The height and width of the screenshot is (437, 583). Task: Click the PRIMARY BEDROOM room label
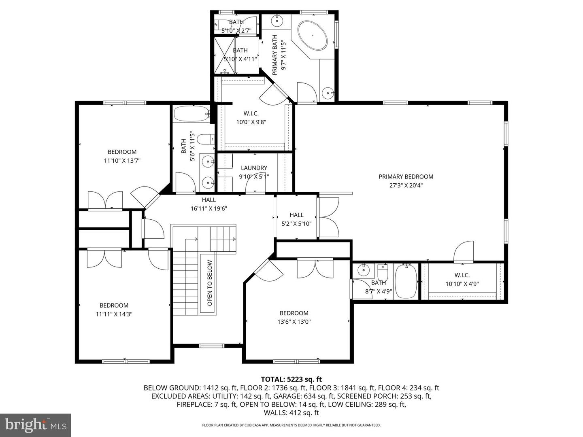coord(406,177)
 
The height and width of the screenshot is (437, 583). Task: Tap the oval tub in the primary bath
coord(313,35)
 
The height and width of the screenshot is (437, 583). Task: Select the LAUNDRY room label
coord(254,168)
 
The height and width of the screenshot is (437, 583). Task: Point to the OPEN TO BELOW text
coord(210,283)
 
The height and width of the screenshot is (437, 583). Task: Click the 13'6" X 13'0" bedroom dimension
coord(294,322)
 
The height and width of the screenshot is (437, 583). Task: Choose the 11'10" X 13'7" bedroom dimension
coord(122,161)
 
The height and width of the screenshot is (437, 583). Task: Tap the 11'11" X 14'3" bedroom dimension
coord(114,314)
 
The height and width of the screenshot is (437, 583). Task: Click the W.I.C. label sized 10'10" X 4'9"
coord(462,275)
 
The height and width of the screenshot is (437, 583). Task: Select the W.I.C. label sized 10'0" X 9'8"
coord(251,114)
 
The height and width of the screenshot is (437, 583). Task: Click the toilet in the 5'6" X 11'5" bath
coord(206,139)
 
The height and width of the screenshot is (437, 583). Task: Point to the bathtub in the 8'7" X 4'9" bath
coord(406,281)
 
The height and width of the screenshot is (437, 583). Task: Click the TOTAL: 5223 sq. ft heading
coord(291,379)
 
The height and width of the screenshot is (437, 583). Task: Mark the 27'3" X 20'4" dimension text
coord(406,185)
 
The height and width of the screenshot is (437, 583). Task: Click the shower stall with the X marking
coord(225,55)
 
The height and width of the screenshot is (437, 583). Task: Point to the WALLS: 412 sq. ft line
coord(291,413)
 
